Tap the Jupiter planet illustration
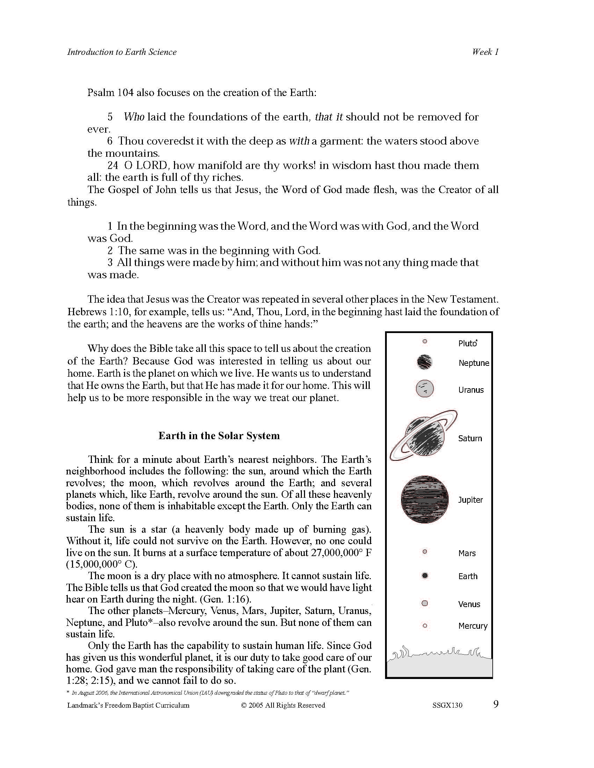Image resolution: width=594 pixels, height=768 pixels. (425, 499)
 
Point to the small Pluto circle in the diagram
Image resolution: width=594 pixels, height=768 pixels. (425, 341)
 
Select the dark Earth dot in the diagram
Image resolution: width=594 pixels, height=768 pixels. (425, 576)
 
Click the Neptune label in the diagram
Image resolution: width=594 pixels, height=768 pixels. (474, 363)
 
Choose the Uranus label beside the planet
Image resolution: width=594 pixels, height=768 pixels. (471, 390)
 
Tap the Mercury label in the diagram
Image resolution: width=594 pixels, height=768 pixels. (473, 626)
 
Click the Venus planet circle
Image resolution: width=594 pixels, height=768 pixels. (425, 604)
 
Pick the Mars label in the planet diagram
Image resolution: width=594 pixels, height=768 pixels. (467, 553)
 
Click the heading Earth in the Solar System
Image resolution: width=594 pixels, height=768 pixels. (219, 436)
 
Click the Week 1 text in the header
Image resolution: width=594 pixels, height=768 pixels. (485, 52)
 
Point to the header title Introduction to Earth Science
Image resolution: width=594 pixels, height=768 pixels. (122, 52)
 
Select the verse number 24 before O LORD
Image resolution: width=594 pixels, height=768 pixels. (113, 165)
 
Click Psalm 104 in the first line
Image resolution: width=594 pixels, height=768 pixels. (110, 93)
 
